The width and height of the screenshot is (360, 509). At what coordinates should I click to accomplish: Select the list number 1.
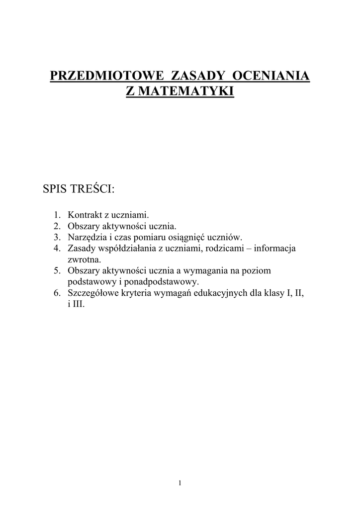[x=57, y=215]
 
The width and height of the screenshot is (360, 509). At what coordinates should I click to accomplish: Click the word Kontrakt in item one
[x=84, y=215]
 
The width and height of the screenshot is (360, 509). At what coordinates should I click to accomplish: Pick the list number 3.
[x=57, y=237]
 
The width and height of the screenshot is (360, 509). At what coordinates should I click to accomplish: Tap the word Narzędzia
[x=86, y=237]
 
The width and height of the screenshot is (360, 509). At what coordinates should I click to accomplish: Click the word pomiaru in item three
[x=141, y=237]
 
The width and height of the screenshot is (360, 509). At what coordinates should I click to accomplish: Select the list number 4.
[x=57, y=248]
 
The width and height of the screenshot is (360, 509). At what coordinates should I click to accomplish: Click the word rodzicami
[x=221, y=248]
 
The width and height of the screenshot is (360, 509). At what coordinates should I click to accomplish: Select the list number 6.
[x=57, y=293]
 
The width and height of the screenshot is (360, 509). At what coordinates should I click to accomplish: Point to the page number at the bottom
[x=180, y=483]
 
